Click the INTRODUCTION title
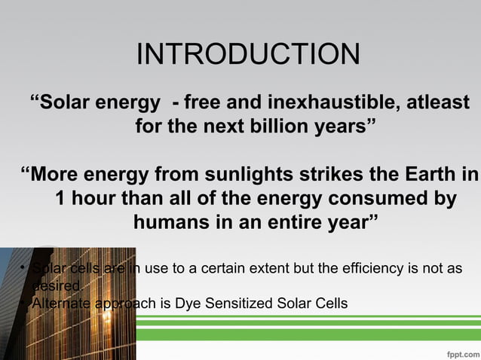click(x=248, y=54)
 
